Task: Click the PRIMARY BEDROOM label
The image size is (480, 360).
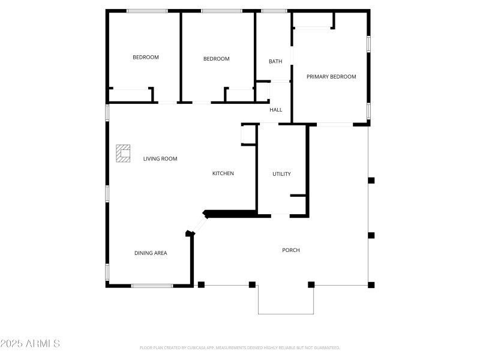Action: pos(331,77)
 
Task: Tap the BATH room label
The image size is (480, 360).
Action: pos(275,61)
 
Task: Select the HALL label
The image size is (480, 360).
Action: pos(276,110)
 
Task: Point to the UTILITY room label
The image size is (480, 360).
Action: pos(281,174)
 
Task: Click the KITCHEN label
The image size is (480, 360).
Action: pos(223,173)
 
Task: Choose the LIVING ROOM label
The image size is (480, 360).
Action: pos(160,159)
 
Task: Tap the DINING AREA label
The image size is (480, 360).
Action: pos(151,253)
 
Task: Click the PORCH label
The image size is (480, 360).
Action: pos(291,250)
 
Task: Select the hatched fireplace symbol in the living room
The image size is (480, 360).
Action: pos(124,153)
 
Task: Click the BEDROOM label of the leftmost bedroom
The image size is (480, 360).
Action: pos(146,58)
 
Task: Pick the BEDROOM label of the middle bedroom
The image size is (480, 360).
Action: pos(217,59)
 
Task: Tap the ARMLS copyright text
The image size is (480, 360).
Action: pos(30,344)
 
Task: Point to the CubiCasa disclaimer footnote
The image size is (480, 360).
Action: pos(240,347)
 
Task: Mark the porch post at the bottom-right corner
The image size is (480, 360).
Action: pos(371,285)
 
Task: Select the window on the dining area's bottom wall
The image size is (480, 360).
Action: pos(152,286)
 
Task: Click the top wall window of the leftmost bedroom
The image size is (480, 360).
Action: pos(148,11)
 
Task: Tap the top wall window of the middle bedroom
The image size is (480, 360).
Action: pos(221,11)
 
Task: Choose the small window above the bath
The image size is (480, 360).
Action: pos(274,11)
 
